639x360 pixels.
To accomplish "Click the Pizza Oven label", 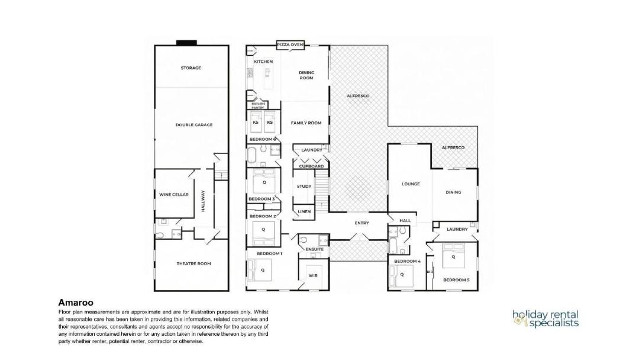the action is (x=290, y=44).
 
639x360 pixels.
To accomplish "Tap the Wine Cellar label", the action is (x=173, y=194).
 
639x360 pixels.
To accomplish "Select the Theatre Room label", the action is (x=193, y=263).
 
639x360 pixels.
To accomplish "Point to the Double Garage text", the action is (x=194, y=125).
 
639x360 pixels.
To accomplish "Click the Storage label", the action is (x=191, y=67).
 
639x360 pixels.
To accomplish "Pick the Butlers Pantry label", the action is (x=258, y=105).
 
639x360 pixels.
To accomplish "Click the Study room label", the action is (x=304, y=186).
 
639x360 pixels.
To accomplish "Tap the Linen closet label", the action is (x=304, y=211).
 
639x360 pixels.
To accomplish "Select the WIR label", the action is (x=312, y=275).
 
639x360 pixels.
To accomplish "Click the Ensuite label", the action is (x=314, y=249).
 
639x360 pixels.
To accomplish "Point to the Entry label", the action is (x=362, y=223).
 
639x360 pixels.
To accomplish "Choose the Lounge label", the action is (x=411, y=184).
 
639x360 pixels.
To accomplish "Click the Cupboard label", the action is (x=311, y=166).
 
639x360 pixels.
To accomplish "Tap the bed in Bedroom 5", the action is (x=453, y=256).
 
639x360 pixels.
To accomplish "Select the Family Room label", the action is (x=306, y=123).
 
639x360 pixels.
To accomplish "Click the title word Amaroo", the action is (x=76, y=303).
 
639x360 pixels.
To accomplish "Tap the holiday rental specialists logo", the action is (x=546, y=319).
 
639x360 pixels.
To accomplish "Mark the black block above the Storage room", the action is (x=186, y=43).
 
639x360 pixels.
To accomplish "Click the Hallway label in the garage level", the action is (x=203, y=201).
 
